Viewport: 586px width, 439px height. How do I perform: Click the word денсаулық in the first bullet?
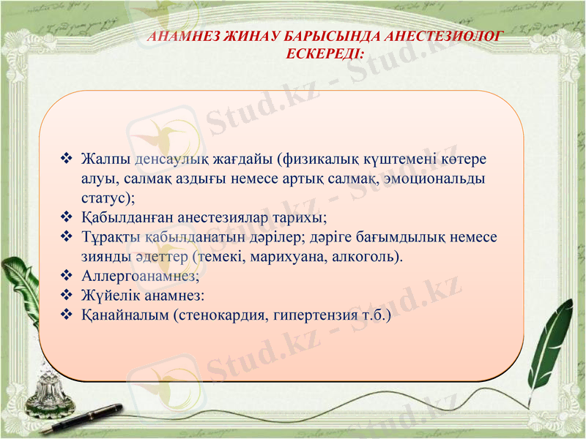pos(171,159)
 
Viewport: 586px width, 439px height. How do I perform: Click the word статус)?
pos(108,198)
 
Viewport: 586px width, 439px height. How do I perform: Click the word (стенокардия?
pos(220,316)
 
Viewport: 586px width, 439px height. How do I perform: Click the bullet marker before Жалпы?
pos(66,158)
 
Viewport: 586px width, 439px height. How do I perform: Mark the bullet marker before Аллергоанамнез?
pos(66,277)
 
